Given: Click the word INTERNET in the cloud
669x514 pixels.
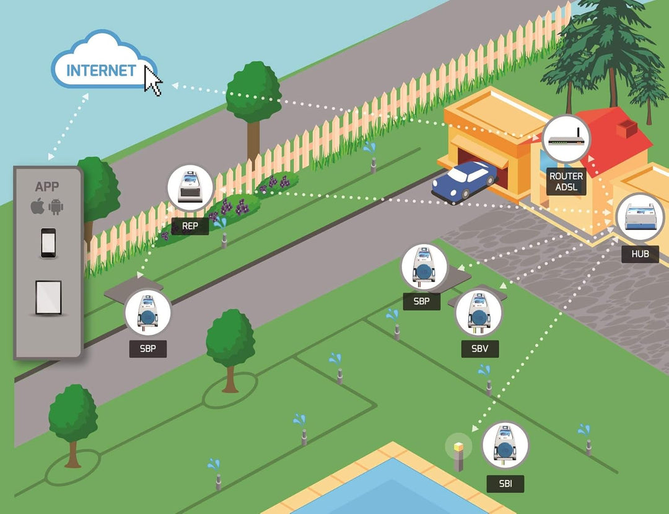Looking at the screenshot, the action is click(101, 71).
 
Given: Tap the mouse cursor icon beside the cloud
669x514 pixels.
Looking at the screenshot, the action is click(153, 80).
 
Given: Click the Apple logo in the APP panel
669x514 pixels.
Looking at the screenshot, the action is click(38, 206).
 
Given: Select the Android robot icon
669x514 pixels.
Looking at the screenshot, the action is click(56, 206).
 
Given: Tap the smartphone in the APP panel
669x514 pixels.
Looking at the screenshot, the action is click(48, 243).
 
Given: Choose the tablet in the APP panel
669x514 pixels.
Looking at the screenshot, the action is click(48, 298).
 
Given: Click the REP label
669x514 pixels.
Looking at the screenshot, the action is click(190, 226).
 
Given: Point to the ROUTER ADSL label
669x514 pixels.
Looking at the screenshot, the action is click(566, 182).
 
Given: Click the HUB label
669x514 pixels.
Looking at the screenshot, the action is click(640, 254).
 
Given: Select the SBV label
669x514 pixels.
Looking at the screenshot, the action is click(480, 349).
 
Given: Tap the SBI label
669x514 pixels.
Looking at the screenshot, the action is click(505, 484).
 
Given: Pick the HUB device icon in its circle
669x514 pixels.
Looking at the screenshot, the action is click(640, 218).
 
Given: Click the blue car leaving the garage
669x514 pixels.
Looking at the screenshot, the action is click(464, 180).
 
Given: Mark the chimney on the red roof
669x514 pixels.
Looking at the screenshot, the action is click(626, 129).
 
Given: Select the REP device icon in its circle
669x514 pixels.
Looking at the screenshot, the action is click(190, 188).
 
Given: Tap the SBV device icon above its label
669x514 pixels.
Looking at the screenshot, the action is click(479, 312).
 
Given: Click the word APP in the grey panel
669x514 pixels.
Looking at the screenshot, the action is click(47, 187).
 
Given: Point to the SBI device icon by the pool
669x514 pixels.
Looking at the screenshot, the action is click(505, 446).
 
